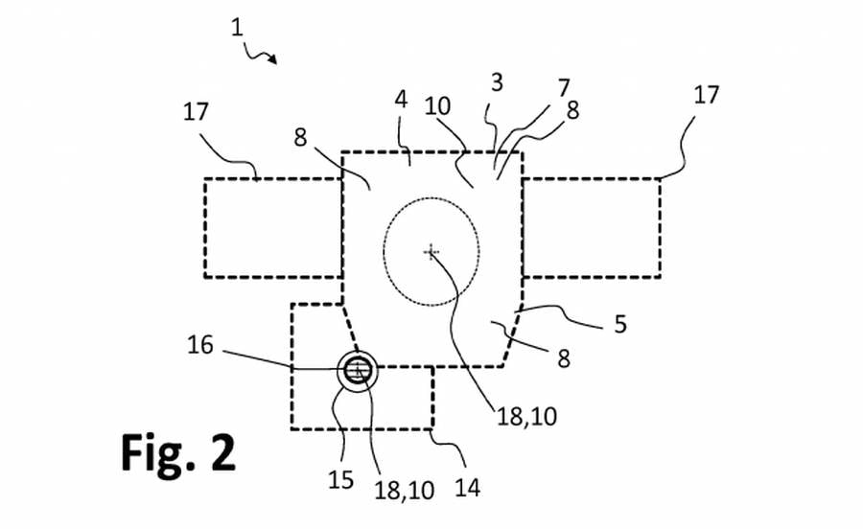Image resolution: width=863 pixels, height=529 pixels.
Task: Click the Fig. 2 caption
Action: point(177,452)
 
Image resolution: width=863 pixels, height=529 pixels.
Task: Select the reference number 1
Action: point(237,28)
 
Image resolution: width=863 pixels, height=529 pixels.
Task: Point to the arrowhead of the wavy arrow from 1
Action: point(273,60)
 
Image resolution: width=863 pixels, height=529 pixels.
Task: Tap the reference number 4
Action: point(401,100)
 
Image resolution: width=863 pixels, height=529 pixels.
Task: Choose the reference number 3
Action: point(497,82)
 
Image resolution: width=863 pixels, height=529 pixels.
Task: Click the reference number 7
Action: point(563,88)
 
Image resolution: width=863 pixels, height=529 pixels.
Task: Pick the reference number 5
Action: point(620,324)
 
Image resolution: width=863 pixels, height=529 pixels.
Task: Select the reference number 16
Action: point(199,345)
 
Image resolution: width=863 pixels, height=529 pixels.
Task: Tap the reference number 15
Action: point(340,479)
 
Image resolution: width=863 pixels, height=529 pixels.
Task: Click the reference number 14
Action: point(467,487)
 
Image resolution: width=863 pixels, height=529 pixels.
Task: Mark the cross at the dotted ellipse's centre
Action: point(431,252)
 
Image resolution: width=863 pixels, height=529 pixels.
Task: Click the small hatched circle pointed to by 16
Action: point(358,371)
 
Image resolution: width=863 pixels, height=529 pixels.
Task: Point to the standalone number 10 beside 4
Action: point(437,106)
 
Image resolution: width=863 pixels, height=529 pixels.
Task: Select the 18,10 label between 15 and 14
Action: point(405,491)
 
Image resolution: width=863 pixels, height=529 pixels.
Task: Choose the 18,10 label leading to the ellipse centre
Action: point(526,416)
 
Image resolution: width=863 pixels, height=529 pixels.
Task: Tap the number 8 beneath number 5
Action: point(564,358)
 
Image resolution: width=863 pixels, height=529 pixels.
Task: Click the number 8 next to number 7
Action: point(573,110)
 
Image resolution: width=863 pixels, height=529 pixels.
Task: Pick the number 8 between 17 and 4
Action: point(300,137)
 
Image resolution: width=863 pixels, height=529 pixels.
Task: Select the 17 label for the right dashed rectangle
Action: point(706,95)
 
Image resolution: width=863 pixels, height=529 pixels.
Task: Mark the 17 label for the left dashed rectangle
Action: point(196,111)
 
